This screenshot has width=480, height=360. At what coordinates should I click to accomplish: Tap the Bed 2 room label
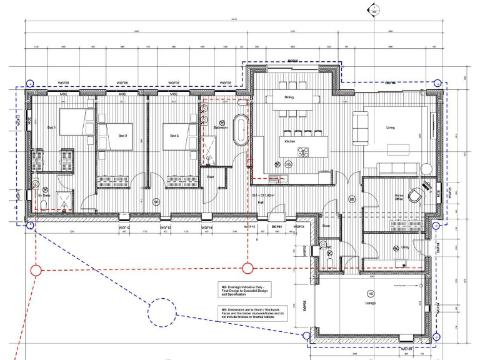[122, 136]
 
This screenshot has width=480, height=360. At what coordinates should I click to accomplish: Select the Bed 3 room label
[174, 136]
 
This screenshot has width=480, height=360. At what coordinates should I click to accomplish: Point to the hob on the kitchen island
[304, 152]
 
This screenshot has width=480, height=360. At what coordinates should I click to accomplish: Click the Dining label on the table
[289, 97]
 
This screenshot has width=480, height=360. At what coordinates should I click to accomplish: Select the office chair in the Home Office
[415, 195]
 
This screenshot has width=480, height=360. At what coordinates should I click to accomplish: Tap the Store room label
[326, 225]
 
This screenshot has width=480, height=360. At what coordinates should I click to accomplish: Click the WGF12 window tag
[124, 227]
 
